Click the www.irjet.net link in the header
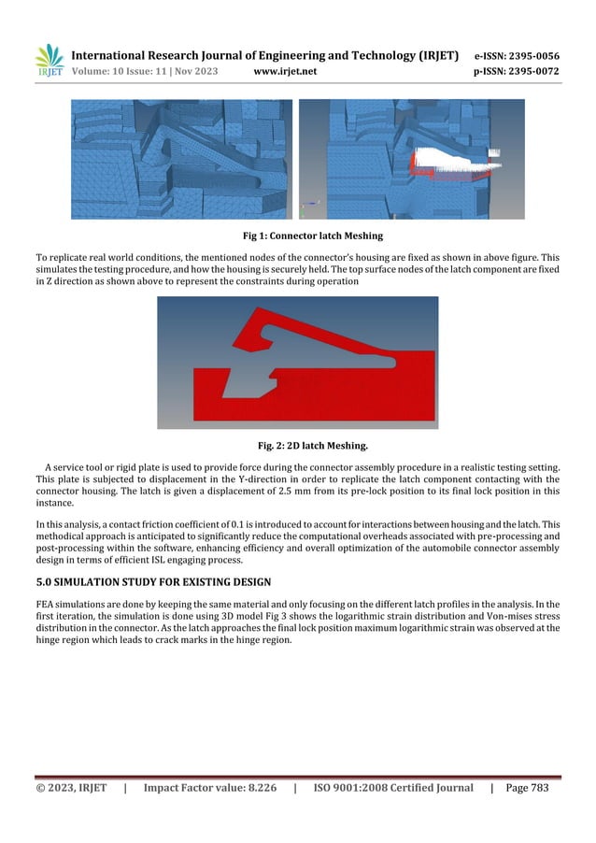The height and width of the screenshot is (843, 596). pyautogui.click(x=285, y=70)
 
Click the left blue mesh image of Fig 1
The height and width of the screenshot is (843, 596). pyautogui.click(x=181, y=159)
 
